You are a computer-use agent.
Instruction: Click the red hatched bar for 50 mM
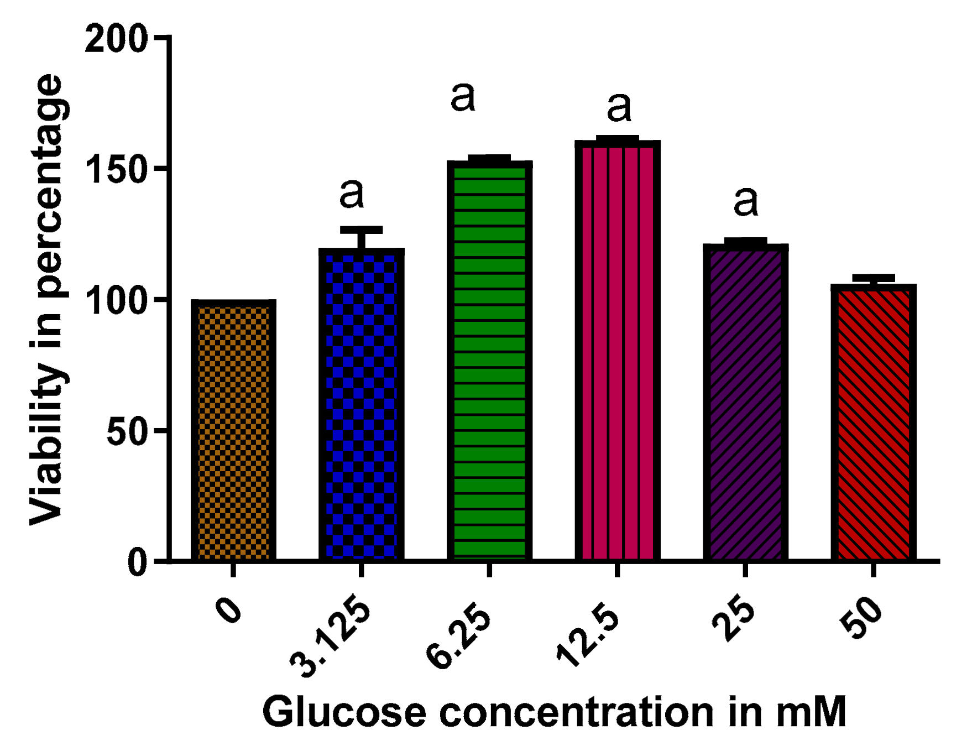[873, 423]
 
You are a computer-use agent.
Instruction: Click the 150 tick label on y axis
[117, 169]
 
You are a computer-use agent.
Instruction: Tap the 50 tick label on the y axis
[127, 431]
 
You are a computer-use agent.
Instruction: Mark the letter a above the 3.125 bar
[352, 194]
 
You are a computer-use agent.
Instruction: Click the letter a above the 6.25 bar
[463, 97]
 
